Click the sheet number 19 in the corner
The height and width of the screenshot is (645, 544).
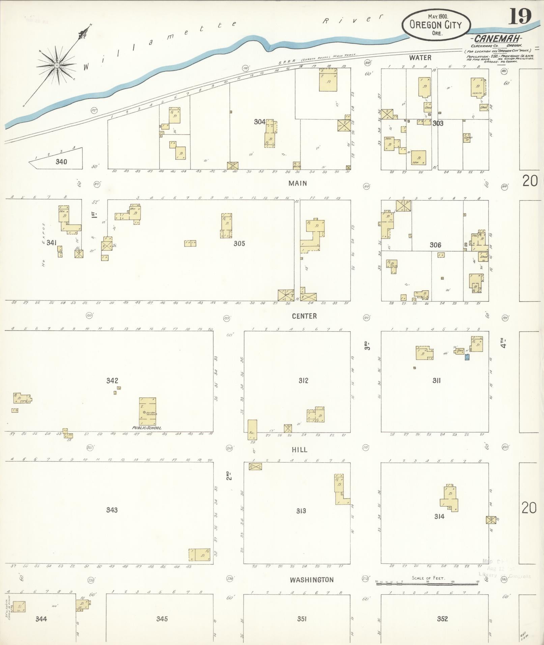(x=520, y=16)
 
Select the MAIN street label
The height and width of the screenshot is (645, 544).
(x=297, y=183)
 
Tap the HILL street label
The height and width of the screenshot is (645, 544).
(x=300, y=450)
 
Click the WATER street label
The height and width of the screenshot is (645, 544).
(x=420, y=58)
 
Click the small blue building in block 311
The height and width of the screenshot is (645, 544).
(x=467, y=357)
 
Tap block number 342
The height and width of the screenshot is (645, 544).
(x=112, y=381)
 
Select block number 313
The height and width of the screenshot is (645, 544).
(x=301, y=511)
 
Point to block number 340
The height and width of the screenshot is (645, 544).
(x=61, y=162)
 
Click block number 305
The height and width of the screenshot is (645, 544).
(x=239, y=243)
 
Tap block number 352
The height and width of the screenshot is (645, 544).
(x=442, y=619)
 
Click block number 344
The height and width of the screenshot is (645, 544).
(x=41, y=619)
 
